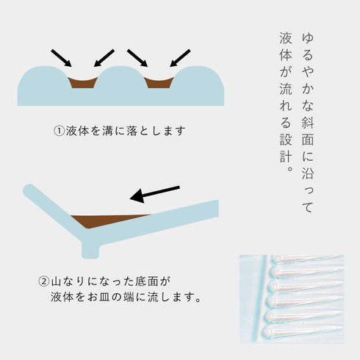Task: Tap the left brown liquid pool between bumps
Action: pyautogui.click(x=84, y=82)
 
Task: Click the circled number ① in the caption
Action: pyautogui.click(x=60, y=132)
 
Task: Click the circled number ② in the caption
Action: pyautogui.click(x=44, y=281)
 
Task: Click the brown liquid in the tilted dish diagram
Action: pyautogui.click(x=110, y=219)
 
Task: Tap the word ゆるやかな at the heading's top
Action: pyautogui.click(x=312, y=53)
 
